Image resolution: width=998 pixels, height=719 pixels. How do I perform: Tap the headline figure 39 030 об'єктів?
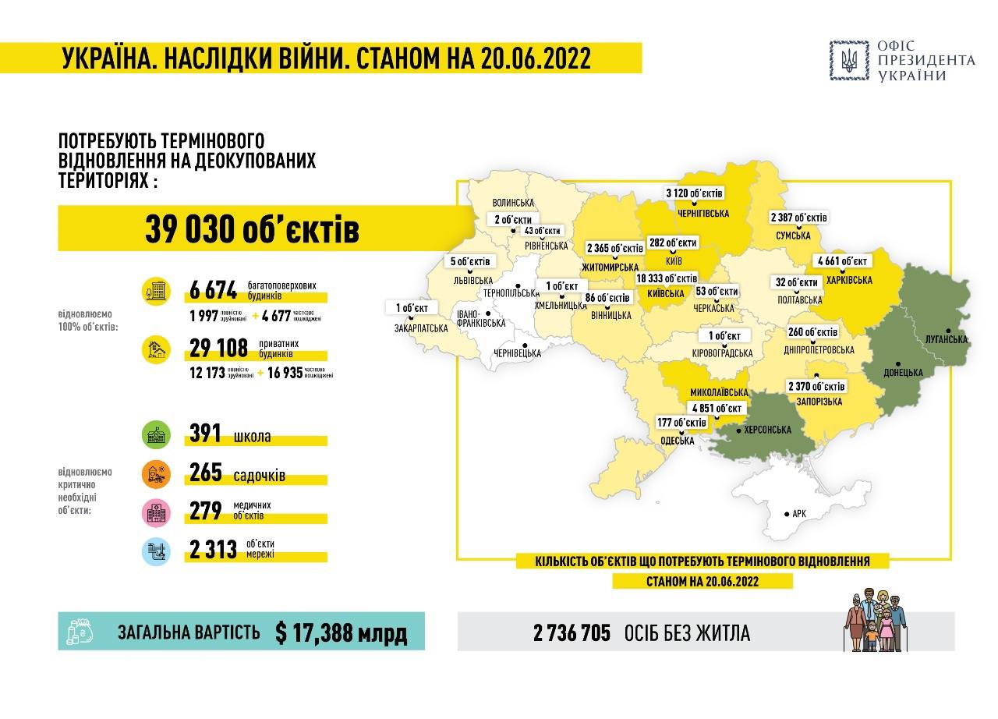pyautogui.click(x=252, y=230)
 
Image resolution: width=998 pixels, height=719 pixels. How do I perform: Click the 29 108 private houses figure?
pyautogui.click(x=218, y=348)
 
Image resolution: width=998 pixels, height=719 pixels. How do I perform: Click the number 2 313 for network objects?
pyautogui.click(x=213, y=551)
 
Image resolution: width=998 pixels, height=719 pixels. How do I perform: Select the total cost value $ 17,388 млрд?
pyautogui.click(x=342, y=632)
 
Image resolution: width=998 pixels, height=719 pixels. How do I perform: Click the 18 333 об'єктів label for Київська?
pyautogui.click(x=667, y=278)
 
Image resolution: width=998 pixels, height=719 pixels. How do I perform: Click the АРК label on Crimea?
pyautogui.click(x=798, y=514)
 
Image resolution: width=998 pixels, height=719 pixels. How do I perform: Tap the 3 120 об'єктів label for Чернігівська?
pyautogui.click(x=694, y=193)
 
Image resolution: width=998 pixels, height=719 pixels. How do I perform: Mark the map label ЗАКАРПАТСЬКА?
pyautogui.click(x=421, y=328)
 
